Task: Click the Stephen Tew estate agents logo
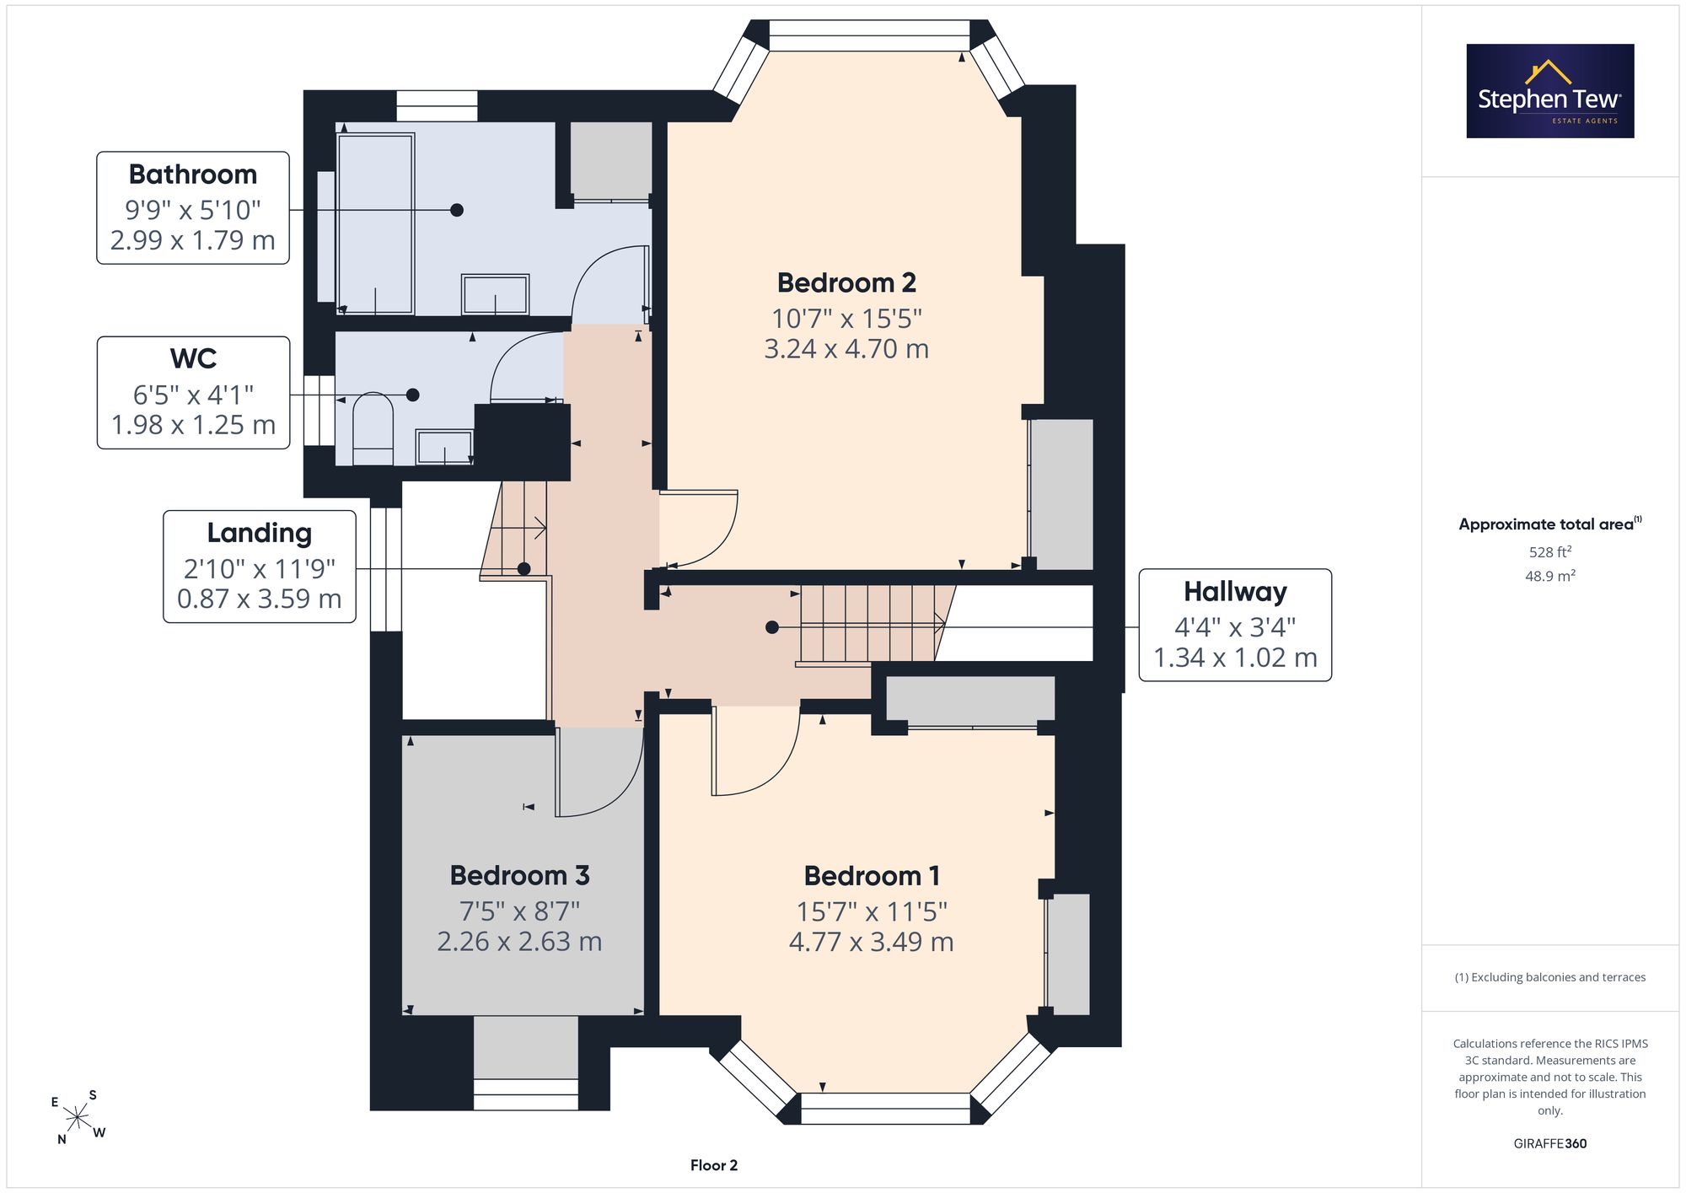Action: tap(1550, 91)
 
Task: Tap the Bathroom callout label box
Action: tap(193, 207)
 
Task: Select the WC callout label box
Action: tap(193, 393)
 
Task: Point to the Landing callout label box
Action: tap(260, 567)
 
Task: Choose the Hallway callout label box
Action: tap(1235, 625)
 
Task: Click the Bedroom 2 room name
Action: tap(846, 282)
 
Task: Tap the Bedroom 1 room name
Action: tap(872, 876)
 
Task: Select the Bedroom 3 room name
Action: tap(519, 875)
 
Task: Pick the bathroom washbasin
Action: tap(495, 294)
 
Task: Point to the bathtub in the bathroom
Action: tap(375, 223)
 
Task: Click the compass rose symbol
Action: tap(78, 1118)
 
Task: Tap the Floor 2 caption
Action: tap(714, 1165)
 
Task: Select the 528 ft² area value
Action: tap(1550, 552)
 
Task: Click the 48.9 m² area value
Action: tap(1550, 576)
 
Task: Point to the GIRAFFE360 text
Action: tap(1550, 1143)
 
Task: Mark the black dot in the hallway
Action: tap(771, 627)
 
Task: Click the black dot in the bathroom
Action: tap(456, 210)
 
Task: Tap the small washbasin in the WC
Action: tap(444, 447)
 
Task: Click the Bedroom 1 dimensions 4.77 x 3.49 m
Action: tap(872, 942)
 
